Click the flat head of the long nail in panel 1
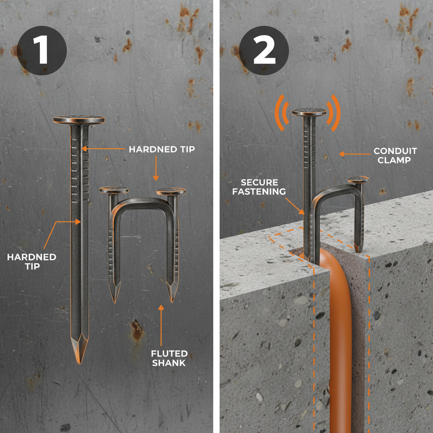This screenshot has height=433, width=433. point(79,120)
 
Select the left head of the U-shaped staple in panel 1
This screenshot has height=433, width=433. point(114,190)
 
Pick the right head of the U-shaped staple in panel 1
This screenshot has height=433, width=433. point(171,192)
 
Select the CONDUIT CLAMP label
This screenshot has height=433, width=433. point(395,155)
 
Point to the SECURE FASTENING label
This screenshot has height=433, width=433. point(259,187)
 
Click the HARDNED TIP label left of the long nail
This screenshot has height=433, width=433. point(32,261)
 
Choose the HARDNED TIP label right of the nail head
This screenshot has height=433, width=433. point(162,150)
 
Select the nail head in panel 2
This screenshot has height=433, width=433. point(309,112)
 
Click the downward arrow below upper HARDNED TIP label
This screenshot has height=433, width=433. point(156,169)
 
